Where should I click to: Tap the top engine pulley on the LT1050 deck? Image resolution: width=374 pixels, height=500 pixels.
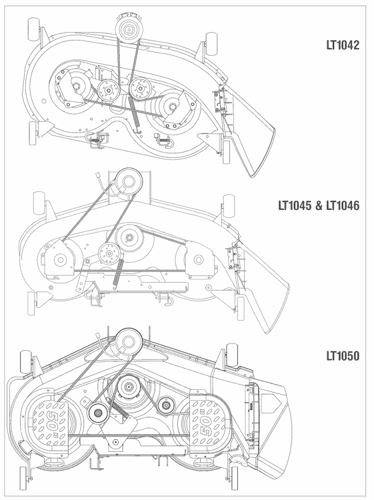[x=127, y=341]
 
